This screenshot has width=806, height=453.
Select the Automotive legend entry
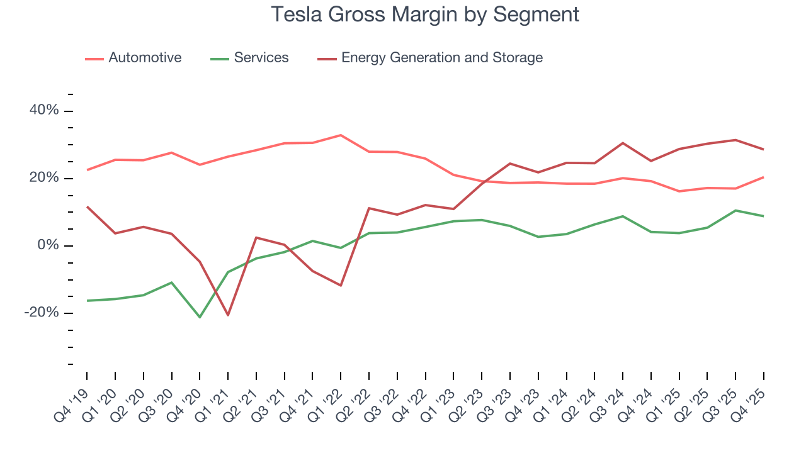[x=144, y=58]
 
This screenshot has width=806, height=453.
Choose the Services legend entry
[x=261, y=58]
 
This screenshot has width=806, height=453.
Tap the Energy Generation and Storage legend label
[x=441, y=58]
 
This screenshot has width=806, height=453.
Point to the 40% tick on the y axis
[x=44, y=111]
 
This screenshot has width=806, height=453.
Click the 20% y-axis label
[x=44, y=178]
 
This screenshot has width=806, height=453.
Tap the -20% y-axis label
[x=42, y=313]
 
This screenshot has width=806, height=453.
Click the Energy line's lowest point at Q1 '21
[x=228, y=315]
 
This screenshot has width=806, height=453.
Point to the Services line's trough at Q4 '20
[x=200, y=317]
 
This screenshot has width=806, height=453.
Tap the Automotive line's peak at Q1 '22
[x=341, y=135]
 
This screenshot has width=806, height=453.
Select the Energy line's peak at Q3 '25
[x=735, y=140]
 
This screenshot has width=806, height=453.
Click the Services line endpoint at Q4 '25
[x=764, y=216]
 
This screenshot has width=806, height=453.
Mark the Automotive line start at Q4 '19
[x=87, y=170]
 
